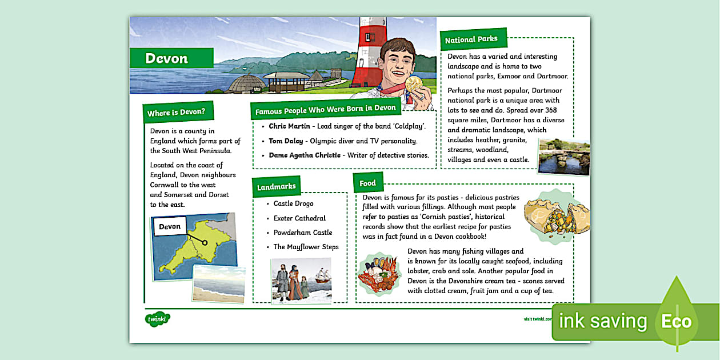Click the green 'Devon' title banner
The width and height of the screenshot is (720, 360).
(x=171, y=58)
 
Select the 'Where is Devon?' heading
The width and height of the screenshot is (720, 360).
(x=176, y=113)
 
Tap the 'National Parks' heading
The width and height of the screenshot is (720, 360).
(x=471, y=39)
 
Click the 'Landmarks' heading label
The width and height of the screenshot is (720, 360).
(x=277, y=187)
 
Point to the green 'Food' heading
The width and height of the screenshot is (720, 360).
(x=368, y=183)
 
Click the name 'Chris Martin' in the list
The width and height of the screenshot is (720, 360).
(x=290, y=126)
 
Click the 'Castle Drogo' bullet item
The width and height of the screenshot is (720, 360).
(x=293, y=203)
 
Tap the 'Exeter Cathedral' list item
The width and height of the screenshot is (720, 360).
(x=299, y=218)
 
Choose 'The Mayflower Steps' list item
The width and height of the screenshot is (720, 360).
(x=306, y=247)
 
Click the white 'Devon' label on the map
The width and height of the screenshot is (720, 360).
(x=170, y=227)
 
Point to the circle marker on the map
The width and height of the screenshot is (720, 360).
(x=205, y=243)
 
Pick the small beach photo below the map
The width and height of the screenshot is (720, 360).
(x=218, y=283)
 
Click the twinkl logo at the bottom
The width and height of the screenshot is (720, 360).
(x=158, y=319)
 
